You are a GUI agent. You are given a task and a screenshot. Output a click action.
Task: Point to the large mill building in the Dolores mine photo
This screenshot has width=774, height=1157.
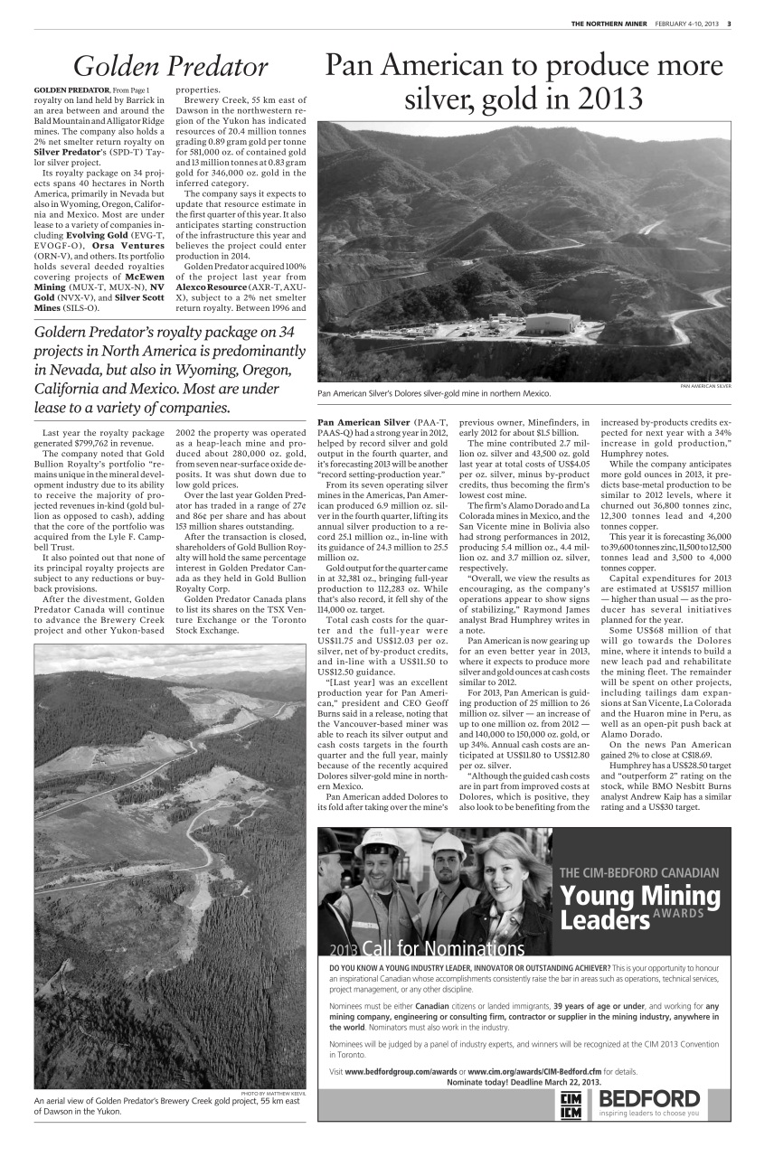(552, 323)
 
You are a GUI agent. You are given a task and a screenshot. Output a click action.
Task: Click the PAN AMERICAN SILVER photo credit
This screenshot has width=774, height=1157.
(704, 386)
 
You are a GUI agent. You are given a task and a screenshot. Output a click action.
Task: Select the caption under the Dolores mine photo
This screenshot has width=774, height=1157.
(434, 394)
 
